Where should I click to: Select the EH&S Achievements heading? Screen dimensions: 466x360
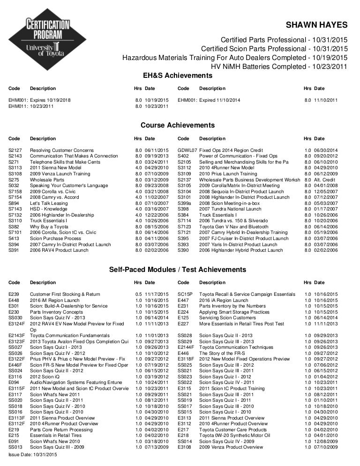[x=177, y=75]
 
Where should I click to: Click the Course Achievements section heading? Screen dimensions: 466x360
[x=178, y=125]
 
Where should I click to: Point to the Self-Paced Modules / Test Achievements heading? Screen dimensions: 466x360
[x=177, y=270]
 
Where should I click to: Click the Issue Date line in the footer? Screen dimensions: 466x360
[x=32, y=455]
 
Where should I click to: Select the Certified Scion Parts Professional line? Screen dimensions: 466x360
[x=274, y=49]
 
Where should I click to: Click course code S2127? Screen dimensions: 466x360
[x=15, y=150]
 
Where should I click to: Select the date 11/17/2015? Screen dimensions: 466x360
[x=157, y=294]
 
